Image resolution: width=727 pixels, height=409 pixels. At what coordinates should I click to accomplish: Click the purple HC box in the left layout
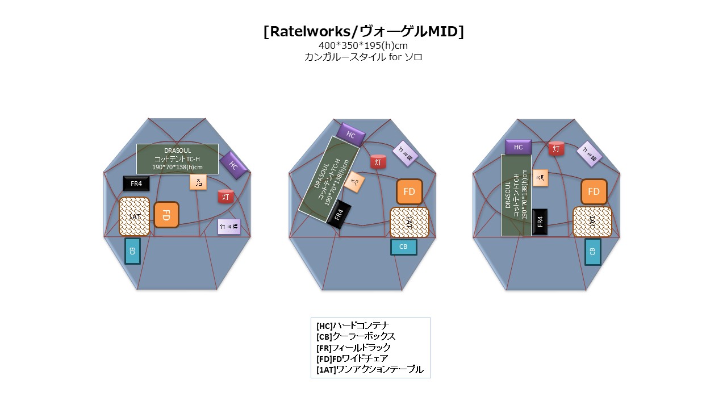click(x=233, y=165)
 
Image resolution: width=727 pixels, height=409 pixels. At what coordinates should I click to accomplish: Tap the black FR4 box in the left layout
click(x=136, y=183)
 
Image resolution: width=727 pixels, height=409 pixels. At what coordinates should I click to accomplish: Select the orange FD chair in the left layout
click(x=166, y=215)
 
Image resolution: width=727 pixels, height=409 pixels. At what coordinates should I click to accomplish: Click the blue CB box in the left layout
click(x=132, y=251)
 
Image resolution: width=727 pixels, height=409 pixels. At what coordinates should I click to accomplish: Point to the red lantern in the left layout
click(x=226, y=197)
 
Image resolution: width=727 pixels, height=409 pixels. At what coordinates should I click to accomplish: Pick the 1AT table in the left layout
click(x=135, y=216)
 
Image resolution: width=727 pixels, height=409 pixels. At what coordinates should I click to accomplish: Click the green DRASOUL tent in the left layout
click(x=177, y=159)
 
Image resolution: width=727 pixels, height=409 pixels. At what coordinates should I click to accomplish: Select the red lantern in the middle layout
click(x=378, y=162)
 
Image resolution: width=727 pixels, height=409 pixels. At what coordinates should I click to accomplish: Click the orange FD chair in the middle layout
click(x=409, y=192)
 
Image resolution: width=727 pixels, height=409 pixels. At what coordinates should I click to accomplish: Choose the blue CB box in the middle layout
click(x=403, y=247)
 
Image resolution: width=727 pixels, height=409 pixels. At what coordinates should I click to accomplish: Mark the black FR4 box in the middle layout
click(x=339, y=215)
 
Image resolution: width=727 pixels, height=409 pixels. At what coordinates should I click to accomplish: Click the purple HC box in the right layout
click(x=518, y=147)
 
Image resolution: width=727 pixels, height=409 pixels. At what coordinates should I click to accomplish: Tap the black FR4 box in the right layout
click(x=540, y=222)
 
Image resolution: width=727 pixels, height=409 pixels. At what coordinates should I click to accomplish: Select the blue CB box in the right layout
click(x=592, y=252)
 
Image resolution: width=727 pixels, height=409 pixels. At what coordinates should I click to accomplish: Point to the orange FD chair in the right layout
click(x=594, y=192)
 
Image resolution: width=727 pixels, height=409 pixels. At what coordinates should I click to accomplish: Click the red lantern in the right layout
click(x=556, y=149)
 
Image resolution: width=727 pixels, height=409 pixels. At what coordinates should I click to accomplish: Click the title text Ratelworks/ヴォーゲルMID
click(x=363, y=32)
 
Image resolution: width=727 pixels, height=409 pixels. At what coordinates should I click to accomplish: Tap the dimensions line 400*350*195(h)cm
click(x=363, y=45)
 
